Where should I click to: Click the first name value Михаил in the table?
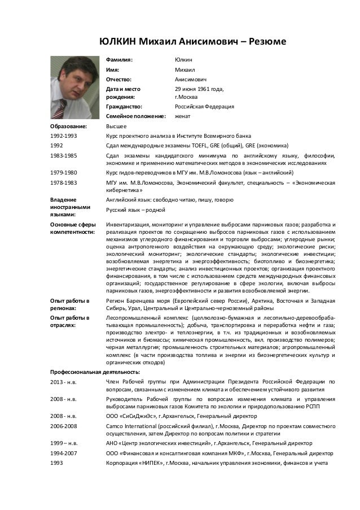point(185,70)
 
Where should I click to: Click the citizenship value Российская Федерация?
point(204,107)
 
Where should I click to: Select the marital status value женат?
point(183,117)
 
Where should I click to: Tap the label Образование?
point(68,127)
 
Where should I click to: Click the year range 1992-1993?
point(63,137)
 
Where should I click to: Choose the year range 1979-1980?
point(63,172)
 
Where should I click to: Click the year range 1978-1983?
point(63,183)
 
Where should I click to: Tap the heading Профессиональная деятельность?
point(95,372)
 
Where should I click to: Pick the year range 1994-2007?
point(63,454)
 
